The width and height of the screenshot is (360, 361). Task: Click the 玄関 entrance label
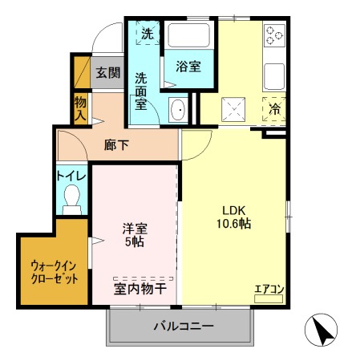(108, 72)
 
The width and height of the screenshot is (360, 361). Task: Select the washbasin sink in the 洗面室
(178, 110)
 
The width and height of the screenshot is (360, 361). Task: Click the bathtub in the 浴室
(188, 35)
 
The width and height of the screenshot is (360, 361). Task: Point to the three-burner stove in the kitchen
(274, 35)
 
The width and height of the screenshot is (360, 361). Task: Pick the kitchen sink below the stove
(274, 76)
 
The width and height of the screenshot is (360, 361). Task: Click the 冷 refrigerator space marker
(274, 109)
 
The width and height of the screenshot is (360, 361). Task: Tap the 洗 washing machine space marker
(148, 33)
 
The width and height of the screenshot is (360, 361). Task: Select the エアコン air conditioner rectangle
(269, 298)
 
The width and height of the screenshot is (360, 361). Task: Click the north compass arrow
(323, 331)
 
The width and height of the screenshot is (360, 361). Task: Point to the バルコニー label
(184, 327)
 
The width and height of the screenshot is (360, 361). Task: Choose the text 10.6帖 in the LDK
(233, 223)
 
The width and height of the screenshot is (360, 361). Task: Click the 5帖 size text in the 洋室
(135, 241)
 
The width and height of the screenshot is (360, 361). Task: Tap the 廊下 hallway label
(116, 145)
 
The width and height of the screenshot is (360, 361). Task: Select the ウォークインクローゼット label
(55, 272)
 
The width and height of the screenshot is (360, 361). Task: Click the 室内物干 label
(140, 289)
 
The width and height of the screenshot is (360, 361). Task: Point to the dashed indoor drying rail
(144, 278)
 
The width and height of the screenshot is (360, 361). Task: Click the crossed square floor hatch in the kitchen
(233, 109)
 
